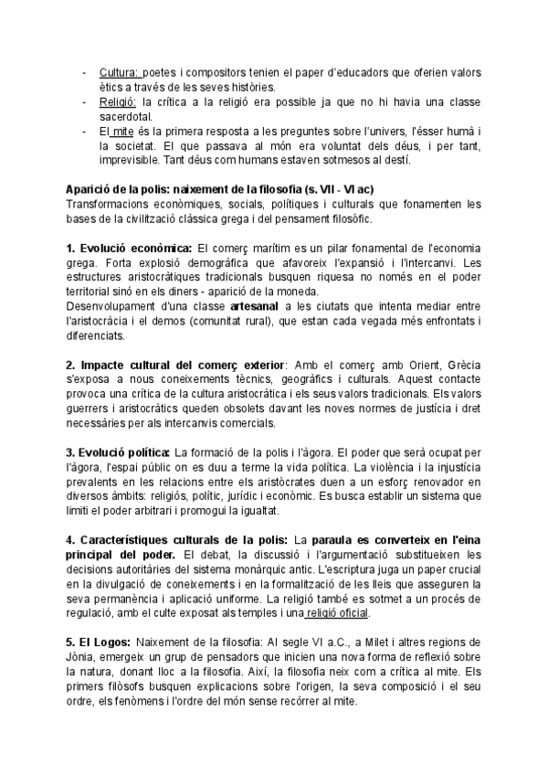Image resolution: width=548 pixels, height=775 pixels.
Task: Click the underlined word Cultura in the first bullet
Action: click(x=117, y=72)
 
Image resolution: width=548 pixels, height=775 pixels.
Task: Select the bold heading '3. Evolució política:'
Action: click(x=119, y=453)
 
